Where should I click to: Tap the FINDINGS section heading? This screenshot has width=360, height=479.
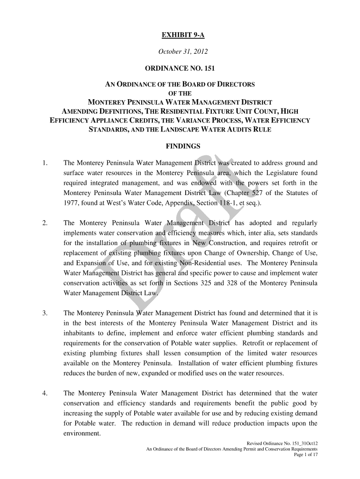[x=183, y=146]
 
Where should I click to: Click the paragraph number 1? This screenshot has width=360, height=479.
[x=44, y=163]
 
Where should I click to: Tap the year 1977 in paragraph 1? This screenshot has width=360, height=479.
[x=71, y=203]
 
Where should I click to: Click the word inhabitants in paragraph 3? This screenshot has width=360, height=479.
[x=79, y=334]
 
